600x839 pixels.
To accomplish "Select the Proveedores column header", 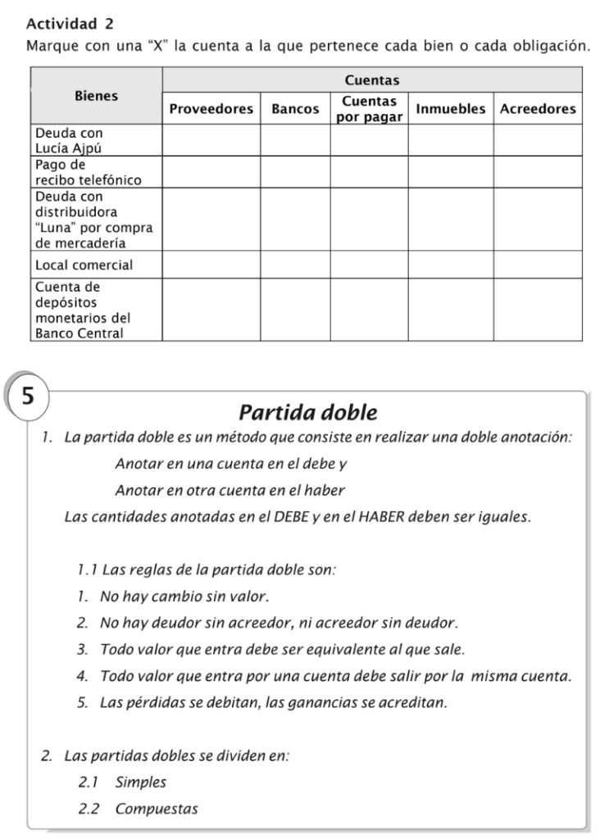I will [x=211, y=109].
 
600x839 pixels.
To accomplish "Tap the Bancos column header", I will [x=295, y=109].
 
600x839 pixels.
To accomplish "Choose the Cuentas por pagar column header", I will [x=369, y=109].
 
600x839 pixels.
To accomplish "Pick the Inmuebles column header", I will [x=450, y=109].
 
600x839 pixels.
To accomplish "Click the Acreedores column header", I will [x=538, y=109].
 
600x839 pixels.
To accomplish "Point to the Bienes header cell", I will [x=96, y=96].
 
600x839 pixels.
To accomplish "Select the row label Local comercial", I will [x=84, y=265].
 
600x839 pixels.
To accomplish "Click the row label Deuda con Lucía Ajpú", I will [x=75, y=139].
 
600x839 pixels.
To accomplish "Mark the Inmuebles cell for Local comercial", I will [x=450, y=265].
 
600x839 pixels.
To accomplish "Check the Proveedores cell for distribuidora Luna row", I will [x=211, y=220].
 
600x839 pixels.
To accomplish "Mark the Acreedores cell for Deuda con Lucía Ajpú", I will [x=538, y=139].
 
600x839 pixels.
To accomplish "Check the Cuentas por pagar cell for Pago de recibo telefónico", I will [x=369, y=171].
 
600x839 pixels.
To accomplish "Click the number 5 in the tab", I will [x=29, y=397].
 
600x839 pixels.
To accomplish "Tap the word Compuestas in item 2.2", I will [x=157, y=809].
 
